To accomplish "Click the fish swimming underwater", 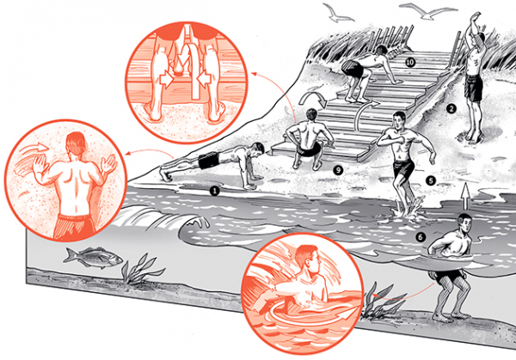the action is (93, 256).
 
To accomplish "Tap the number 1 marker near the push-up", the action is (214, 191).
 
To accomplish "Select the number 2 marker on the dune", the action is (451, 109).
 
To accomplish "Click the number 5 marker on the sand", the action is (431, 180).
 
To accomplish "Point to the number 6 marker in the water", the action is (421, 237).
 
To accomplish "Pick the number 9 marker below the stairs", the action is (338, 170).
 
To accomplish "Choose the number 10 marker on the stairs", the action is (410, 62).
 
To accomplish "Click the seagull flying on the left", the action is (338, 13).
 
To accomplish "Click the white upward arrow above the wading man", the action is (464, 196).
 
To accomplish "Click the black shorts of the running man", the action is (404, 168).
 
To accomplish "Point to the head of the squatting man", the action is (311, 115).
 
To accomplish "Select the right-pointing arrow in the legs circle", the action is (167, 79).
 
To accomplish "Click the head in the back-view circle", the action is (77, 143).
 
